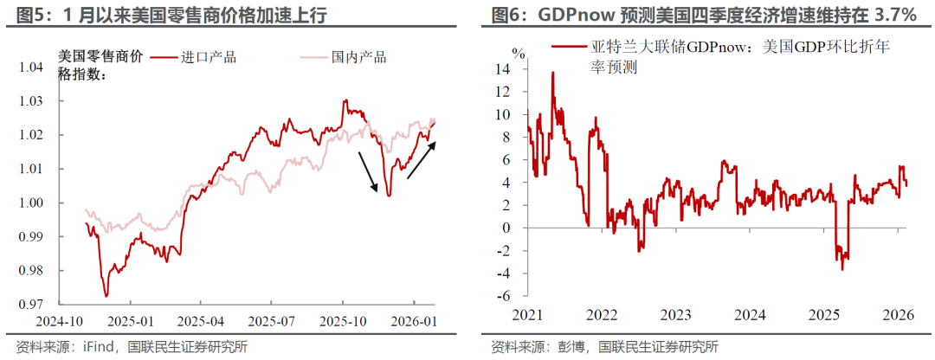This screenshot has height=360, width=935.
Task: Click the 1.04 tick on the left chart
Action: (32, 67)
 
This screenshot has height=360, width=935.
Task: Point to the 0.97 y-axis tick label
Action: (32, 304)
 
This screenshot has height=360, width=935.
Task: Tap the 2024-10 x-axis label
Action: (57, 320)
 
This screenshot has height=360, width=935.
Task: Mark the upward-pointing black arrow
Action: (422, 162)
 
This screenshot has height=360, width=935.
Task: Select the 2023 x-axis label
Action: (675, 316)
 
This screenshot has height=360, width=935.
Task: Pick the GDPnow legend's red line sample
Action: (569, 49)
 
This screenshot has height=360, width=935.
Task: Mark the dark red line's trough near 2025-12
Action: (389, 196)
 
